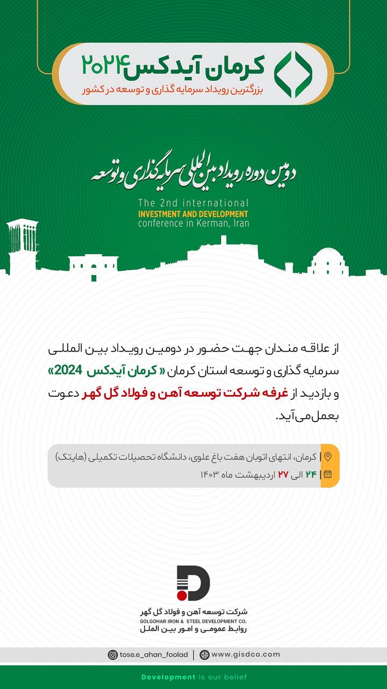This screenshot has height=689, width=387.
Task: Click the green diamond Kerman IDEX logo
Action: tap(293, 74)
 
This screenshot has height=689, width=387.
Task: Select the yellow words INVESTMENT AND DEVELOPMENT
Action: tap(193, 213)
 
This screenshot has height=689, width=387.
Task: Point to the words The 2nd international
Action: tap(193, 203)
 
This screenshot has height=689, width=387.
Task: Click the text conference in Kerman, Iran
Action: tap(193, 223)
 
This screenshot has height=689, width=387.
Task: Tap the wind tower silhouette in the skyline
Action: tap(22, 242)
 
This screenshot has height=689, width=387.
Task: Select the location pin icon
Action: tap(328, 457)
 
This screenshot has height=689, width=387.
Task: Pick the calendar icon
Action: tap(328, 474)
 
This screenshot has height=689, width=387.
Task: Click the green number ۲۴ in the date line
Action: tap(311, 474)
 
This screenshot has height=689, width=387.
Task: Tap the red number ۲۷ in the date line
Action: tap(283, 474)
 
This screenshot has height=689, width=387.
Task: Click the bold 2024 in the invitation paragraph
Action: tap(68, 371)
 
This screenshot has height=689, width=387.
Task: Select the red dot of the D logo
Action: tap(182, 595)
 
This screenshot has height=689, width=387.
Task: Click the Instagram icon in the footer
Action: tap(113, 655)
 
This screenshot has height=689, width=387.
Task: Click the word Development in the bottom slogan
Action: tap(168, 677)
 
